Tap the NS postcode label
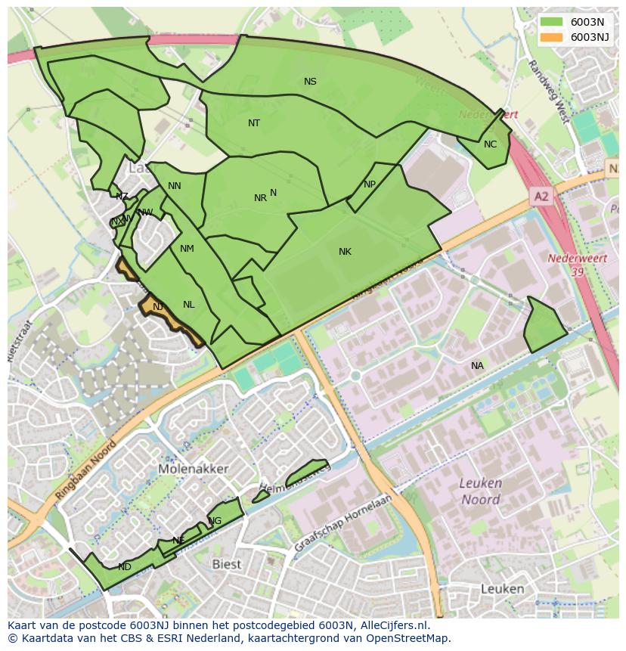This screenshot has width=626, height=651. pos(310,82)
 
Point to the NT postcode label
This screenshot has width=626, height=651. pos(254,123)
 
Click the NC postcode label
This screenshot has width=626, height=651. pos(490,144)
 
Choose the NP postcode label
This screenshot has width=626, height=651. pos(369,184)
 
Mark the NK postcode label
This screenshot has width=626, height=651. pos(345,252)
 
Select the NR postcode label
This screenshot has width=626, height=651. pos(260,198)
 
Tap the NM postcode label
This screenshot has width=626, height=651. pos(187,249)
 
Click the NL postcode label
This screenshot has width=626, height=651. pos(188,305)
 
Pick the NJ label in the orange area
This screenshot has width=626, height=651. pos(157,307)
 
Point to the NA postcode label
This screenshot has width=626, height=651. pos(477,366)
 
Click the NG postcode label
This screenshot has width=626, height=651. pos(215,521)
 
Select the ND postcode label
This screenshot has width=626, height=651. pos(125,567)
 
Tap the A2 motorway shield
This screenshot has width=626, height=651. pos(541,197)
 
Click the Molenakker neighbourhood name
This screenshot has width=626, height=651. pos(194,469)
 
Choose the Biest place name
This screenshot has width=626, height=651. pos(226,564)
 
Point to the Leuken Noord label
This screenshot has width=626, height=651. pos(481,491)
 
